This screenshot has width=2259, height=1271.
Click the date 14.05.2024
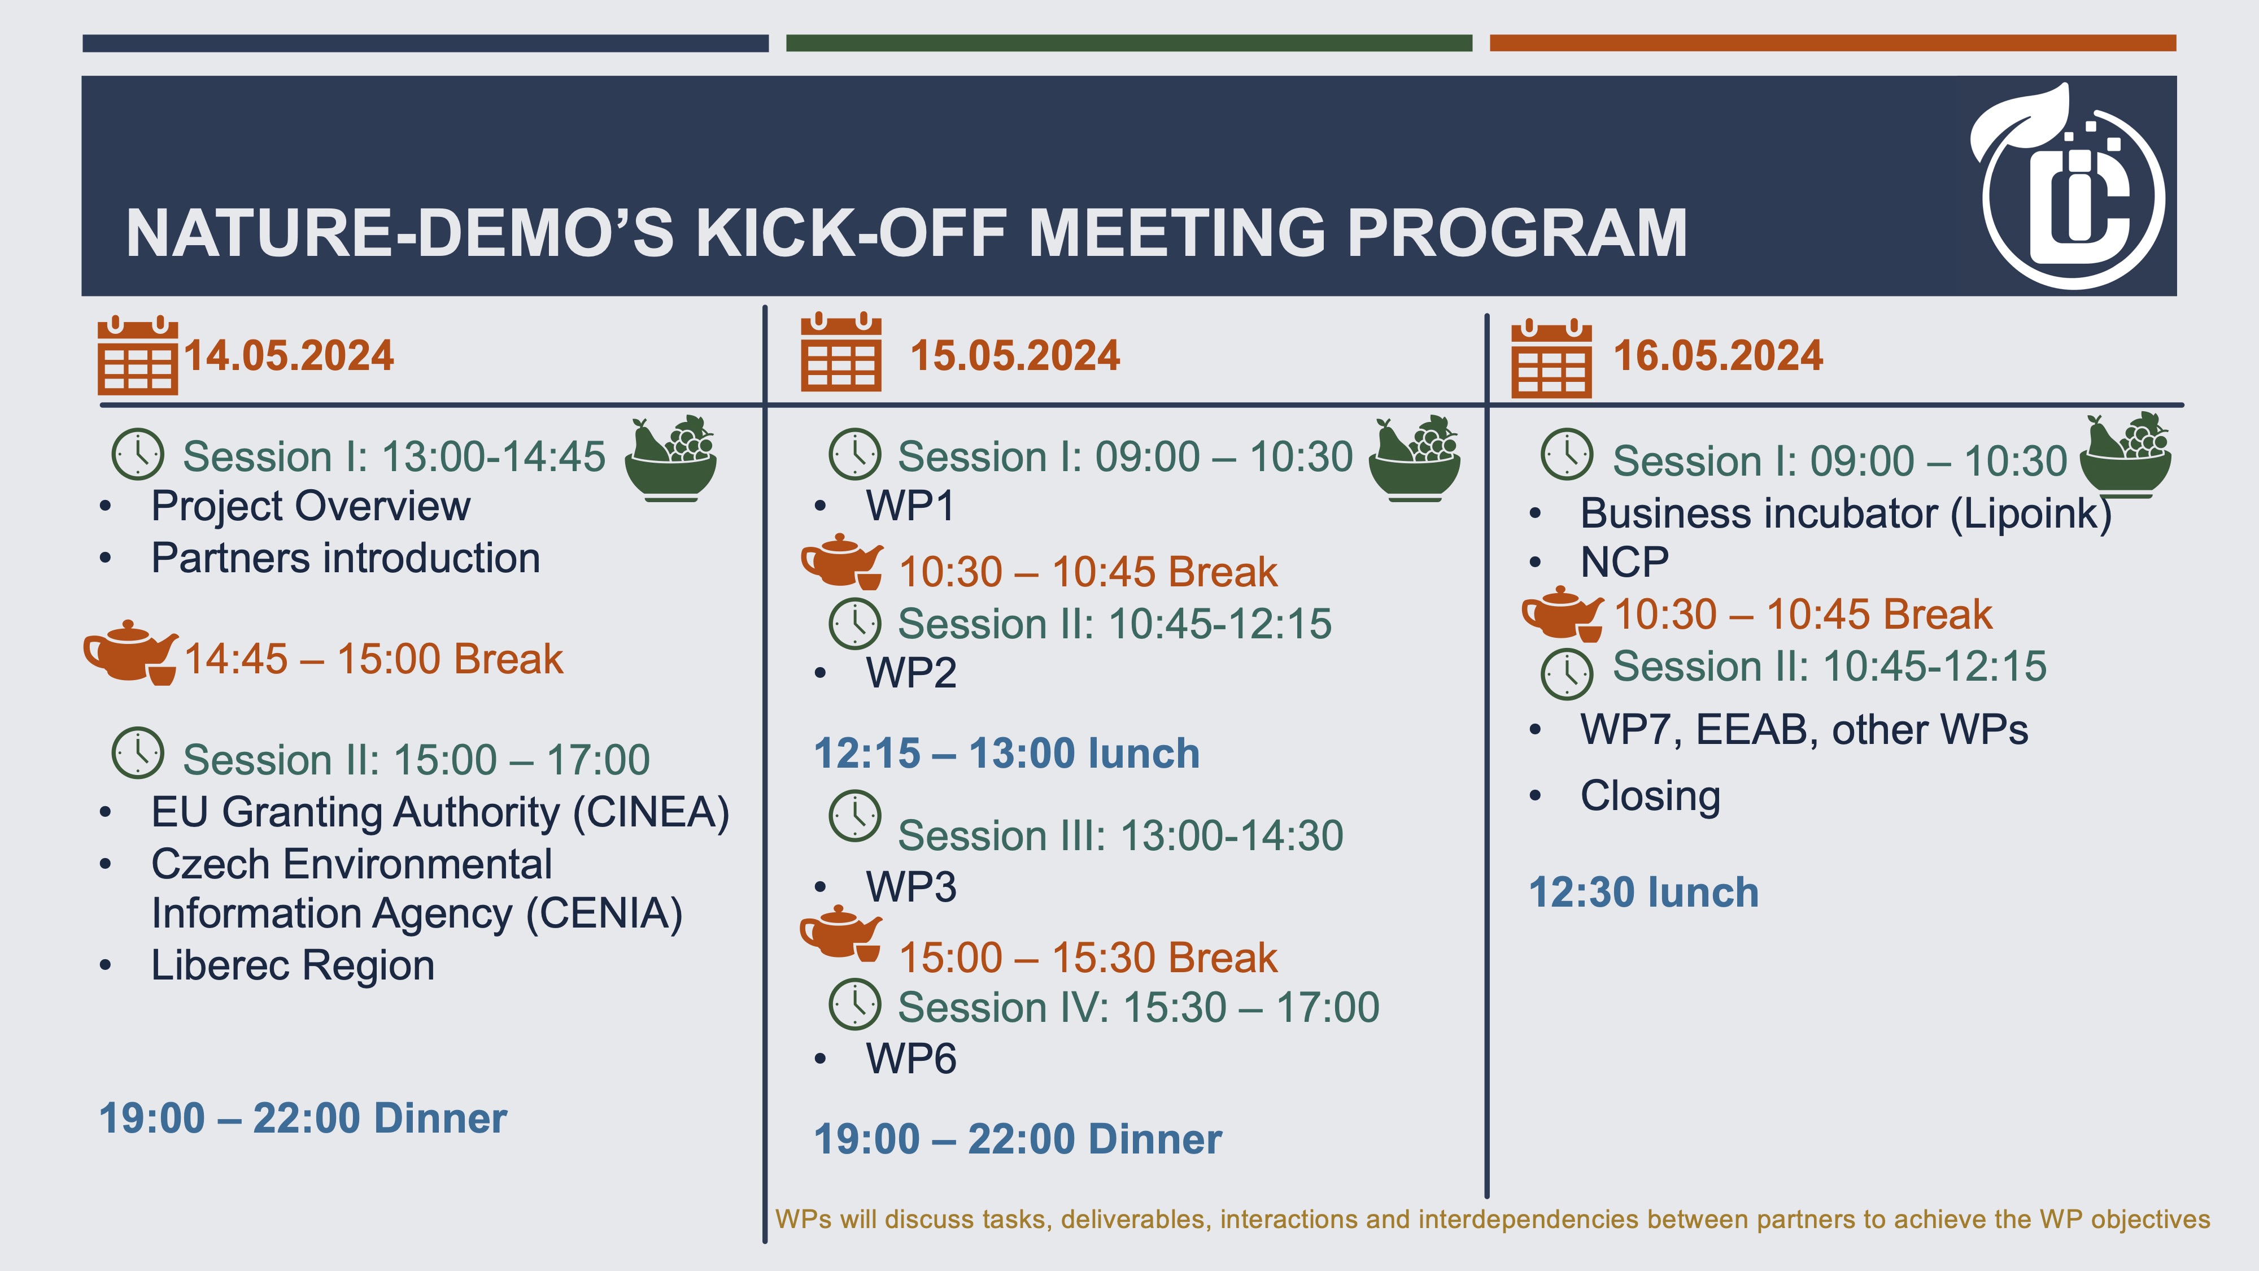click(x=289, y=356)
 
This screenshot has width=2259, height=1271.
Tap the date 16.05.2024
click(x=1718, y=356)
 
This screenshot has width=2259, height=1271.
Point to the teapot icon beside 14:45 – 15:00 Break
click(x=130, y=652)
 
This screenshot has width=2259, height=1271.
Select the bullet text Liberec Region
click(x=293, y=966)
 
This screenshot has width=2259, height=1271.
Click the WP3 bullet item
click(x=911, y=887)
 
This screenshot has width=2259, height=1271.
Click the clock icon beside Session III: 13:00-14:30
click(x=855, y=816)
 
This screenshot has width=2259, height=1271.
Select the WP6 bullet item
click(x=911, y=1059)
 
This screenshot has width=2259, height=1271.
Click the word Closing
click(x=1650, y=797)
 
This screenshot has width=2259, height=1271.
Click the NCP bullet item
click(x=1625, y=562)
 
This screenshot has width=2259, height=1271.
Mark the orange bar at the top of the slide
click(x=1833, y=43)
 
